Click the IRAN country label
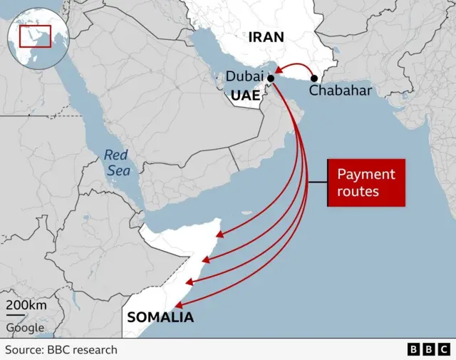[x=266, y=37]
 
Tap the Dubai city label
[x=244, y=76]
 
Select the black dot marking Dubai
[x=270, y=77]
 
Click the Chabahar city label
[x=339, y=91]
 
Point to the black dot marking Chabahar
[x=314, y=77]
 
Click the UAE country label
[x=245, y=94]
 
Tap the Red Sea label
[x=115, y=162]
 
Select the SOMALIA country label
[x=160, y=317]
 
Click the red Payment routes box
[x=366, y=182]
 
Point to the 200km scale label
[x=26, y=306]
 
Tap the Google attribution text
[x=25, y=328]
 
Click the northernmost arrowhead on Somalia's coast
[x=220, y=234]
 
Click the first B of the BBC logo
[x=414, y=349]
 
